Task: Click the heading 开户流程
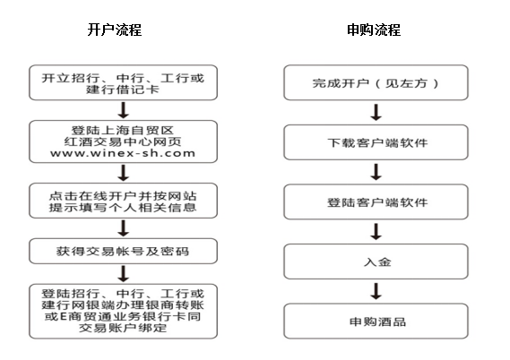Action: tap(115, 30)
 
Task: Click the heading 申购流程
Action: tap(374, 30)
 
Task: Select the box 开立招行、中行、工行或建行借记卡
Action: tap(124, 82)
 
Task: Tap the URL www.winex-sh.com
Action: tap(123, 153)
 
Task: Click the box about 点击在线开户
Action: tap(124, 201)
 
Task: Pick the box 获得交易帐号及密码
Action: tap(124, 251)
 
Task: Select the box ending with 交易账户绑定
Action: tap(124, 312)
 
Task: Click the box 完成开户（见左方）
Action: tap(376, 82)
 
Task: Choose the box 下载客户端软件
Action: tap(376, 142)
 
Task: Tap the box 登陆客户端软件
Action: tap(376, 201)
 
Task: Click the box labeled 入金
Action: tap(376, 261)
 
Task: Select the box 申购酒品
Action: tap(376, 321)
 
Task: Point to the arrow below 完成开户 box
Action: tap(376, 113)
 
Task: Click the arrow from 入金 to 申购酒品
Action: tap(376, 291)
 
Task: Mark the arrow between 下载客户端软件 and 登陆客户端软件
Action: tap(376, 172)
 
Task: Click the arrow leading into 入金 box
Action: tap(376, 232)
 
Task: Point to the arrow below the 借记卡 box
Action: tap(124, 110)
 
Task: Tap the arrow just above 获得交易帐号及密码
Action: tap(124, 228)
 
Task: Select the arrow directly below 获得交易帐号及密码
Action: tap(124, 274)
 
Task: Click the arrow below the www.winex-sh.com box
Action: tap(124, 173)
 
